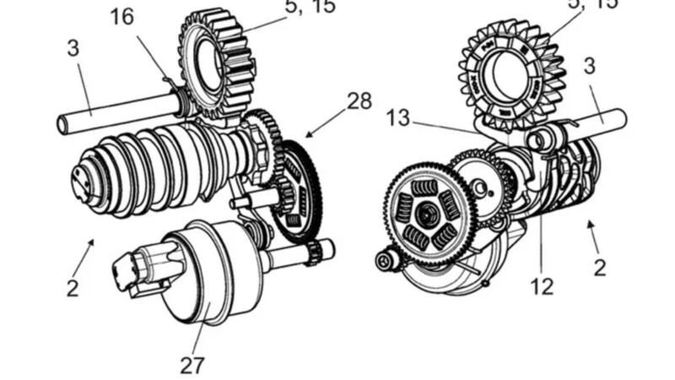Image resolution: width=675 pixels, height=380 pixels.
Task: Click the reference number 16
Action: tap(122, 17)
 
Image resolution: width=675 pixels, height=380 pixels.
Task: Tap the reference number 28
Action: tap(359, 101)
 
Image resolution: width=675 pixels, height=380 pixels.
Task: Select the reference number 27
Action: tap(192, 364)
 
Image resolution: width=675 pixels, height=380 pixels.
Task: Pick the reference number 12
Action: tap(542, 286)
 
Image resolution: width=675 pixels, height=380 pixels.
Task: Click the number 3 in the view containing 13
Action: tap(589, 66)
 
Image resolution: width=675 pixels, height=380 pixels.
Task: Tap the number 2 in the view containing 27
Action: tap(73, 287)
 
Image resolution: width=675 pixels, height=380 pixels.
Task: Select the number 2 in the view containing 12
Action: tap(599, 268)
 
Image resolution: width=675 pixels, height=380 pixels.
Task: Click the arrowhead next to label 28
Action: tap(309, 134)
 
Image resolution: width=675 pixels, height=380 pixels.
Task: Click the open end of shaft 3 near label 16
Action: tap(63, 126)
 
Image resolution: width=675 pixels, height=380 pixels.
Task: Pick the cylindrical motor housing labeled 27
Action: tap(202, 270)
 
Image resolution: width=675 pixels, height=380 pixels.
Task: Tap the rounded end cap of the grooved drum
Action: tap(84, 179)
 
